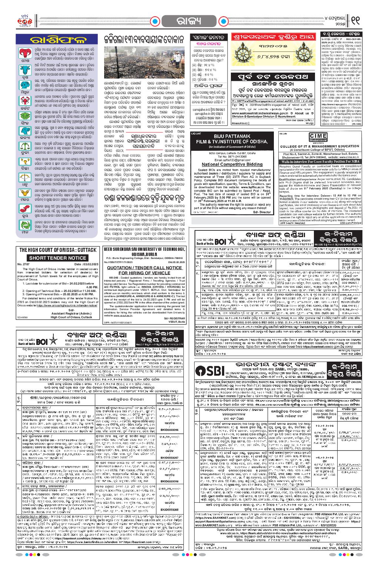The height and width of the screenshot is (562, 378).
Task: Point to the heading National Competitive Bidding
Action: point(232,164)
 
